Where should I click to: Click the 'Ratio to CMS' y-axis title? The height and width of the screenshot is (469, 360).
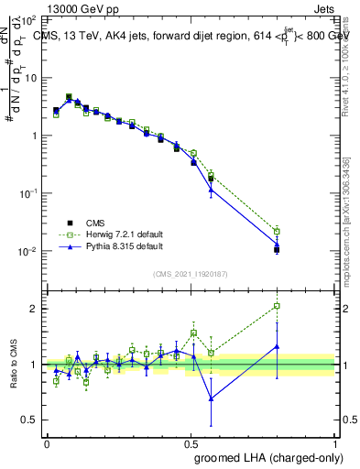14,365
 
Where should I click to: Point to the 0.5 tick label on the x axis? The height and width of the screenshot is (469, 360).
191,443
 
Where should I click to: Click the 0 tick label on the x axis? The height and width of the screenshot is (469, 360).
47,443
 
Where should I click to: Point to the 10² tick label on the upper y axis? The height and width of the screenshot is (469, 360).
30,19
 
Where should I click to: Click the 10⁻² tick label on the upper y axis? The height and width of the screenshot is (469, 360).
30,252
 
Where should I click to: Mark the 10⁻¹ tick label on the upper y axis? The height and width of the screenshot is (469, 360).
30,194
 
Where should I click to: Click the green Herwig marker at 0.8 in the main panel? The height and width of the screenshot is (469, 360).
278,231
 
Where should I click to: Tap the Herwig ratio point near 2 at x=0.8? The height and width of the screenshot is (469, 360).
278,306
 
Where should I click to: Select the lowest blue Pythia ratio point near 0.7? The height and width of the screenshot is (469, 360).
212,398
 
